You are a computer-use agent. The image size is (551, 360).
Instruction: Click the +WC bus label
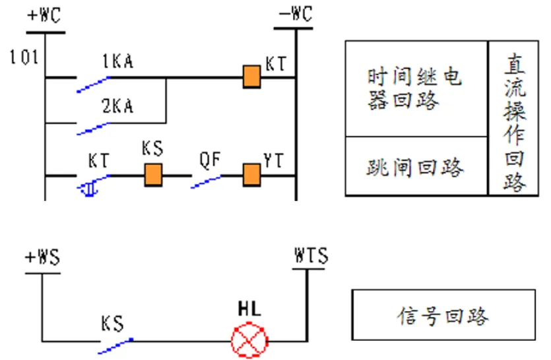pyautogui.click(x=44, y=15)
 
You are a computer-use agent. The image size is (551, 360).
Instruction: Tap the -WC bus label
pyautogui.click(x=296, y=14)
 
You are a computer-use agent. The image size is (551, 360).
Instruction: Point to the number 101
pyautogui.click(x=24, y=57)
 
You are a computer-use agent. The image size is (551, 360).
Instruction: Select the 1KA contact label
pyautogui.click(x=117, y=61)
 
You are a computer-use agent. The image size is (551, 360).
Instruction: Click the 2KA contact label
pyautogui.click(x=117, y=105)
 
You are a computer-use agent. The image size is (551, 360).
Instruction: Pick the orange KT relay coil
pyautogui.click(x=252, y=76)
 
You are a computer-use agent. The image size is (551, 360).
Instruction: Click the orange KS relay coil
pyautogui.click(x=154, y=175)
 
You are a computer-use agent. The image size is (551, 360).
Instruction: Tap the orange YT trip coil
pyautogui.click(x=252, y=175)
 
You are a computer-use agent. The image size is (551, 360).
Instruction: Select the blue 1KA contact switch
pyautogui.click(x=94, y=84)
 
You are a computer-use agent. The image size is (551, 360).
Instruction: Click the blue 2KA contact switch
pyautogui.click(x=94, y=129)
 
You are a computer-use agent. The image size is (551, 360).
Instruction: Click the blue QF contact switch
pyautogui.click(x=207, y=182)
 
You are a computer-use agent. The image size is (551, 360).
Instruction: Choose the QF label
pyautogui.click(x=210, y=160)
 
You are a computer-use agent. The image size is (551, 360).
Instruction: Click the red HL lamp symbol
pyautogui.click(x=249, y=340)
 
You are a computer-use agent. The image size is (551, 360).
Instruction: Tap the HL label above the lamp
pyautogui.click(x=249, y=309)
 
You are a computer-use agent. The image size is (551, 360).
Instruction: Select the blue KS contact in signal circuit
pyautogui.click(x=115, y=346)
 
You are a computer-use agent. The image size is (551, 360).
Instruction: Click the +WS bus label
pyautogui.click(x=42, y=257)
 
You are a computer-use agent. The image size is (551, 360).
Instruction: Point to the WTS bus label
pyautogui.click(x=311, y=255)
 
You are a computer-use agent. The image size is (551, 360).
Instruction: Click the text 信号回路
pyautogui.click(x=443, y=316)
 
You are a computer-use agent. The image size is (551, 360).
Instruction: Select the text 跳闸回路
pyautogui.click(x=415, y=167)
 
